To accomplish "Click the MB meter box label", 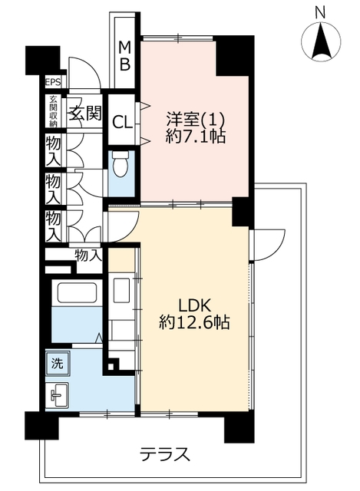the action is [x=124, y=56].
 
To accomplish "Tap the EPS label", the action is [x=53, y=82].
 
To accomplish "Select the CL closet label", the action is [x=122, y=123].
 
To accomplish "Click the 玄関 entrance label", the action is [x=85, y=113].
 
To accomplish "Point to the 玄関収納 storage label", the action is [x=53, y=111].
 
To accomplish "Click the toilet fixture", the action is [x=121, y=164].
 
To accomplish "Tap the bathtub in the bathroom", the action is [x=77, y=293].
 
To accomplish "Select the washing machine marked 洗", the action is [x=58, y=363].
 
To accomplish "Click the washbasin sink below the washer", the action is [x=59, y=394].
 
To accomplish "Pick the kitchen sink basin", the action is [x=121, y=290].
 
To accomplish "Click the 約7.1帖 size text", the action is [x=196, y=137].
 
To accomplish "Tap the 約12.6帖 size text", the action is [x=194, y=322].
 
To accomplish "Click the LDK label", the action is [x=196, y=306].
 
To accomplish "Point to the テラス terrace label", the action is [x=165, y=454].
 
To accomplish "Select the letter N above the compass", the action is [x=320, y=14].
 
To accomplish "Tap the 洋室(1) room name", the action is [x=196, y=120].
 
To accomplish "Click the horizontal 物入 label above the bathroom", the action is [x=89, y=256].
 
